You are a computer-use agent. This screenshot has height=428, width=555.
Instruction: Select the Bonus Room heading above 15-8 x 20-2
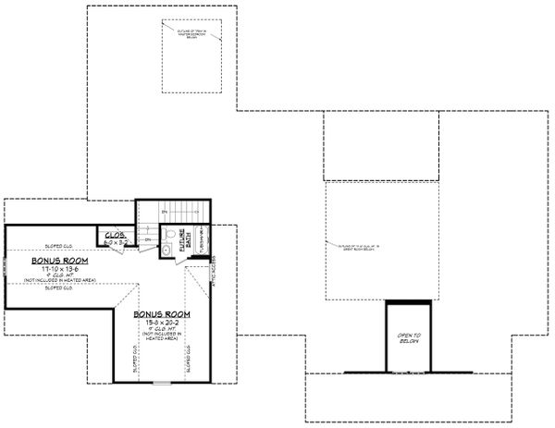pyautogui.click(x=162, y=314)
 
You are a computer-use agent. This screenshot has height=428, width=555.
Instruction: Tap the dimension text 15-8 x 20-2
pyautogui.click(x=162, y=323)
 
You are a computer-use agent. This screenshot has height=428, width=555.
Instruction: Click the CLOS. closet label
pyautogui.click(x=115, y=235)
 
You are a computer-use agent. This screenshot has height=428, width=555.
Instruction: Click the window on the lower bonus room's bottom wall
pyautogui.click(x=162, y=381)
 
